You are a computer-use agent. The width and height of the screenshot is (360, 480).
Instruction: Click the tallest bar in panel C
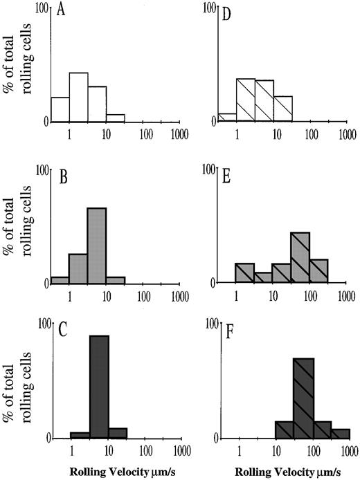(99, 387)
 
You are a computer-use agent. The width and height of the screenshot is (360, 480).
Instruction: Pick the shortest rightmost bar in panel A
(115, 118)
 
